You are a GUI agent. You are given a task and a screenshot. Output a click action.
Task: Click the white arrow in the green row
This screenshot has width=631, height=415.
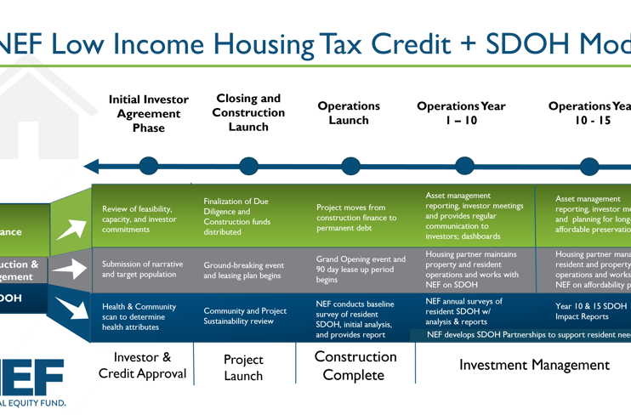[x=71, y=229]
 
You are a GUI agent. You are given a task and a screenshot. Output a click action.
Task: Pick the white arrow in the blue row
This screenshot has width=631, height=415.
[x=71, y=309]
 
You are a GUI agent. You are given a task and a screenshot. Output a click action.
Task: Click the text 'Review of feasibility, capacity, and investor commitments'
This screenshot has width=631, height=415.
[x=137, y=220]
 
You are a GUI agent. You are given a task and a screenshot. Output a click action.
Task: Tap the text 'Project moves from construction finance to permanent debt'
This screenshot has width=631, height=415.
[x=355, y=218]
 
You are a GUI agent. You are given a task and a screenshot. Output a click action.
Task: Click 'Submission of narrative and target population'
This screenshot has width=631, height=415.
[x=142, y=270]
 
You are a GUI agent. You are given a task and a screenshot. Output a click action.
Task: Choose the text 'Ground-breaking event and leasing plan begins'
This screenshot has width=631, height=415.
[x=243, y=270]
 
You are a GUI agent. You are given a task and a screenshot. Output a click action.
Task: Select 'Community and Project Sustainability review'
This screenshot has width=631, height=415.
[x=245, y=316]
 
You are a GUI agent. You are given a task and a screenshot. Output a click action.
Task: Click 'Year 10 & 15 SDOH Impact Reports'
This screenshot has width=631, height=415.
[x=590, y=311]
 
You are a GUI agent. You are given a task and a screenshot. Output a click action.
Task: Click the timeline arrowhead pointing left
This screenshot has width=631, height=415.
[x=94, y=164]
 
